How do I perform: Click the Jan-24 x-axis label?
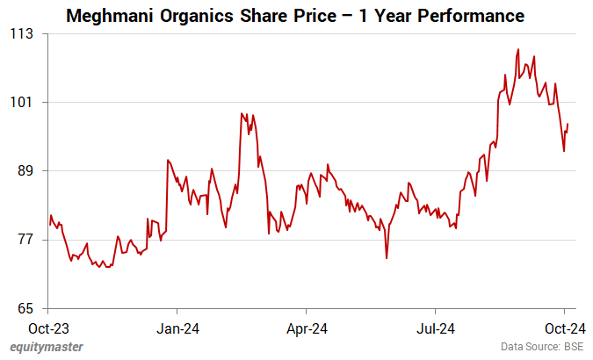[177, 328]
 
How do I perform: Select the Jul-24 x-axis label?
[435, 328]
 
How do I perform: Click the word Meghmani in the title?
[111, 16]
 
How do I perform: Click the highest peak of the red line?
[518, 50]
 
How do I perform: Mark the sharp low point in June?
[386, 258]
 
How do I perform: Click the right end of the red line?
[568, 124]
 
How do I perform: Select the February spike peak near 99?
[242, 113]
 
